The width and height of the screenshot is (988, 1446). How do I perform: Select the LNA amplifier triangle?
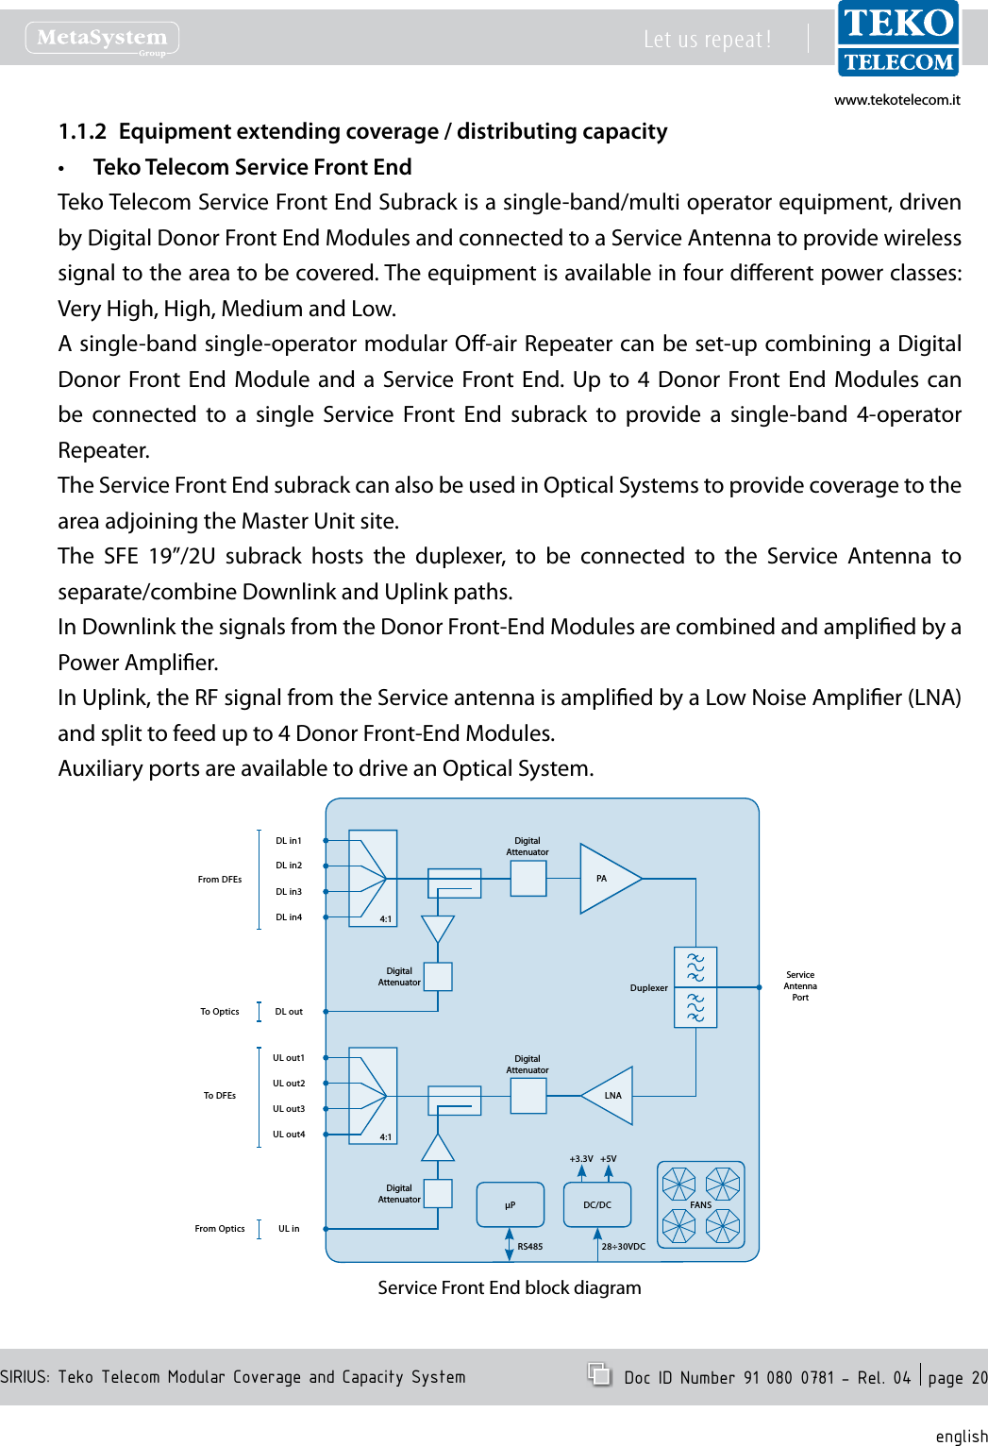611,1096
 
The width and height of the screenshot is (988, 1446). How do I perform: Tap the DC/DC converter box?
596,1205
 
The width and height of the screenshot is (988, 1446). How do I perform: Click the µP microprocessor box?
511,1205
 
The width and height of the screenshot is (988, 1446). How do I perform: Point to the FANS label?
701,1205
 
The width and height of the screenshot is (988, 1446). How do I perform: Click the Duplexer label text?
648,988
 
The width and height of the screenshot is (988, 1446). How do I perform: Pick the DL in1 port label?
289,841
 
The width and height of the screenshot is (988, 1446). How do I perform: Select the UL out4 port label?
289,1135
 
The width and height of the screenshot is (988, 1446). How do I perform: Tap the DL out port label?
289,1012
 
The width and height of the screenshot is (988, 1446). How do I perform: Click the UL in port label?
289,1229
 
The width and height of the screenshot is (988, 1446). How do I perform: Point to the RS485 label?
530,1247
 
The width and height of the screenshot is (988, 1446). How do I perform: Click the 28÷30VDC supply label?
624,1247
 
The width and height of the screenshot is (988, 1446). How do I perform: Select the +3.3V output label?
581,1159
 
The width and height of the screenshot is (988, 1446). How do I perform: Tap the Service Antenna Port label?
800,986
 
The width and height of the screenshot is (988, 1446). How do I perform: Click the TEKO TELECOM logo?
898,40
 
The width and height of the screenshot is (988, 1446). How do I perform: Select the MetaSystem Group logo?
102,39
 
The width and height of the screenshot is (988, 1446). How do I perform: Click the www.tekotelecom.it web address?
896,100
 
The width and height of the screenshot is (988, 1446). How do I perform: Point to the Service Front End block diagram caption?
510,1288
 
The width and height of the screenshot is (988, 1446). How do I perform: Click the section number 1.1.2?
82,131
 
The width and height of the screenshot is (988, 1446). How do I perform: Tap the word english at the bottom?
962,1436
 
